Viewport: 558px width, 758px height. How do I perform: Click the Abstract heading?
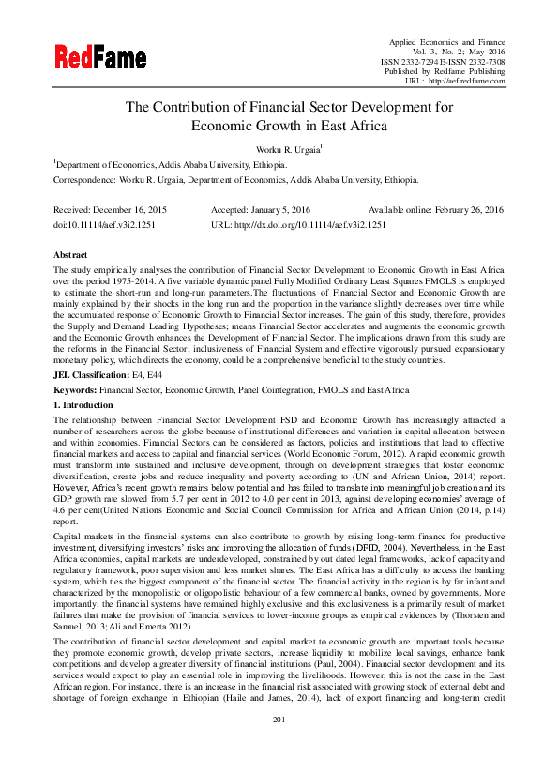(x=71, y=255)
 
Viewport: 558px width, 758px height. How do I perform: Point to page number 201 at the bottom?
(x=279, y=745)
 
